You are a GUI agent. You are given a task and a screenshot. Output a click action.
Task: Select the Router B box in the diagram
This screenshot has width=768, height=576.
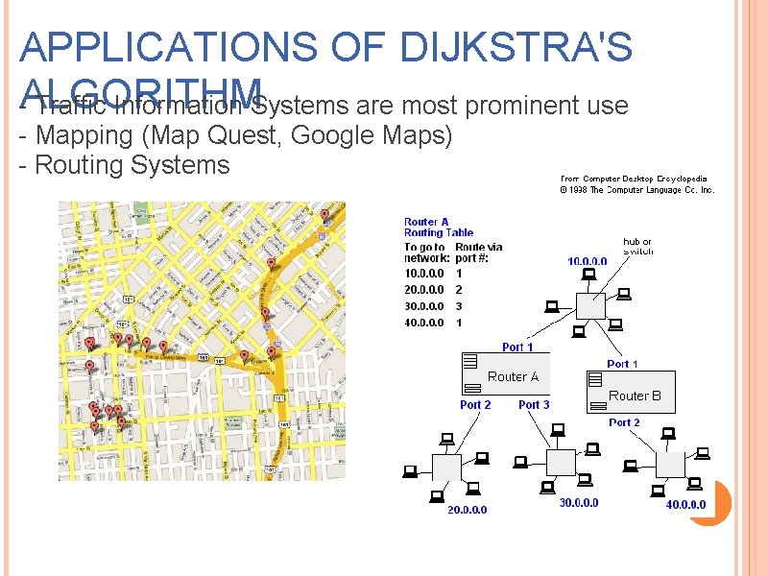[x=630, y=392]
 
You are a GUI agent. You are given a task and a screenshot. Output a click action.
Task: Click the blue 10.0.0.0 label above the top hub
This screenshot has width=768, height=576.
[x=587, y=261]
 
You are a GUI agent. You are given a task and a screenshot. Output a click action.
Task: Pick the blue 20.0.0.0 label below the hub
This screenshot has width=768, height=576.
[x=467, y=509]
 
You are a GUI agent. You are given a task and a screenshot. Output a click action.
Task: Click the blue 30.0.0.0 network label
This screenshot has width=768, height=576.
[x=578, y=502]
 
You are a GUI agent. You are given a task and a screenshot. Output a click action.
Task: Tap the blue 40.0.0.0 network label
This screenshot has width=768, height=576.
[x=685, y=505]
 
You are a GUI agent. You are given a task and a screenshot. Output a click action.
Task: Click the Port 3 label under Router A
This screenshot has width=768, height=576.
[x=534, y=405]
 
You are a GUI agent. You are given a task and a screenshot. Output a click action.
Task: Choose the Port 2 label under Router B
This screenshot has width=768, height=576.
[x=624, y=422]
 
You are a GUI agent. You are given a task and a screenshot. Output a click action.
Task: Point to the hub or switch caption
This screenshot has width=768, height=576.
[x=637, y=246]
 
